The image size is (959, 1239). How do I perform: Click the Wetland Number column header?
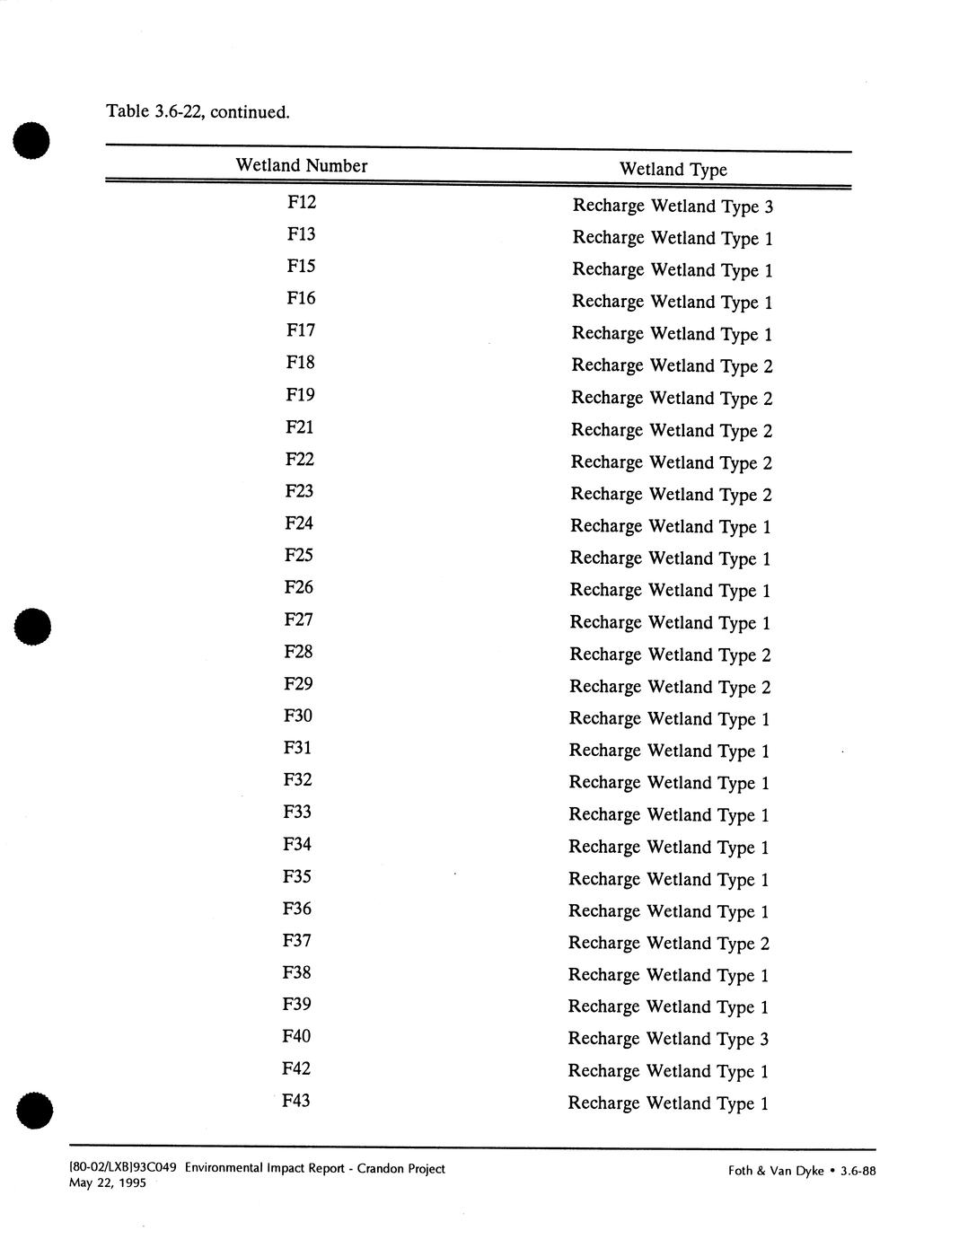(x=302, y=165)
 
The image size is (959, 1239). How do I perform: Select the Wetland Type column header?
(x=673, y=170)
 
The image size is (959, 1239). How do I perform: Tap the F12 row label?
(x=302, y=202)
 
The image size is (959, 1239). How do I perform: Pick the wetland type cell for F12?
(x=673, y=206)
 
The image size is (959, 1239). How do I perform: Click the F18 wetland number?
(x=301, y=363)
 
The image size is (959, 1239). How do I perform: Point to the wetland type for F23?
(x=671, y=495)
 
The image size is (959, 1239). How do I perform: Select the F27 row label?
(x=299, y=619)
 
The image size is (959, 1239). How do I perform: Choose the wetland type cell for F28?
(x=670, y=655)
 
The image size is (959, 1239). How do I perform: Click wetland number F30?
(x=298, y=716)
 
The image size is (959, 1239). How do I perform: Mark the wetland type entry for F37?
(x=669, y=944)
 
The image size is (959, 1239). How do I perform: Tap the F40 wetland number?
(x=296, y=1036)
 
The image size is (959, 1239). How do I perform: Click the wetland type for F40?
(x=668, y=1040)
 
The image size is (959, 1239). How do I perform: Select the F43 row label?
(x=296, y=1100)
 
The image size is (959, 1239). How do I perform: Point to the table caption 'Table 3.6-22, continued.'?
(x=198, y=112)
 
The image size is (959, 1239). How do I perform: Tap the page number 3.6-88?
(x=858, y=1171)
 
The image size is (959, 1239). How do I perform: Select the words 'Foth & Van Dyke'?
(x=776, y=1171)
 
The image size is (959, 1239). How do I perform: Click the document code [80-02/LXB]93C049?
(x=123, y=1168)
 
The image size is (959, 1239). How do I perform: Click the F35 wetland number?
(x=297, y=876)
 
